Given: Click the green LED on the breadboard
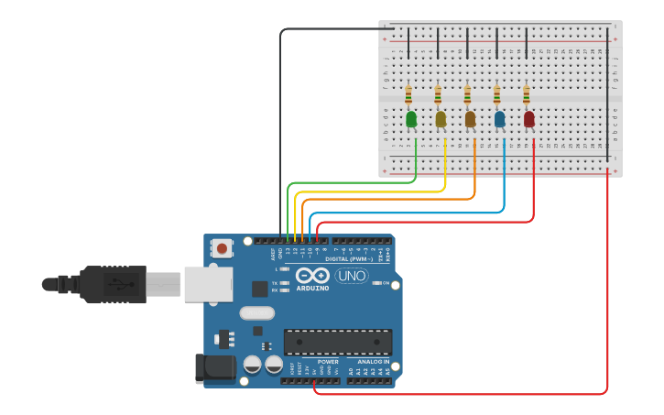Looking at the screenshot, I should pos(411,118).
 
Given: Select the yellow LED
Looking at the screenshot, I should pos(441,118).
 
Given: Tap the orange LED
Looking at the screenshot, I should pos(470,118).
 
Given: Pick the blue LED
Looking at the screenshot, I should pos(499,118).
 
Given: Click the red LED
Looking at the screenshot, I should pos(528,118).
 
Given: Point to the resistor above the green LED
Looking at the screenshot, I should pos(408,93).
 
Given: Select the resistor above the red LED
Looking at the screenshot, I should pos(526,93).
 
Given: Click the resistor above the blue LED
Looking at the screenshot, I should pos(496,93).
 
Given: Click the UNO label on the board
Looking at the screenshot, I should pos(352,276).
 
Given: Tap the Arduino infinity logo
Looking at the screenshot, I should pos(312,276).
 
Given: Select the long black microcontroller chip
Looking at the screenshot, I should pos(337,342).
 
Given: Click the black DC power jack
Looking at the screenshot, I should pos(212,367).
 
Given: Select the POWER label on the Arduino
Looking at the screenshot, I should pos(327,361).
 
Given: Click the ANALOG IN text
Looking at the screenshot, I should pos(372,361).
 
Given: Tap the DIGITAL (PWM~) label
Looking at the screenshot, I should pos(357,259).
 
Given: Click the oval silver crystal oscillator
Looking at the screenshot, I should pos(257,312).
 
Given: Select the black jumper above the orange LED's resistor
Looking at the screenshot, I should pos(467,43).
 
